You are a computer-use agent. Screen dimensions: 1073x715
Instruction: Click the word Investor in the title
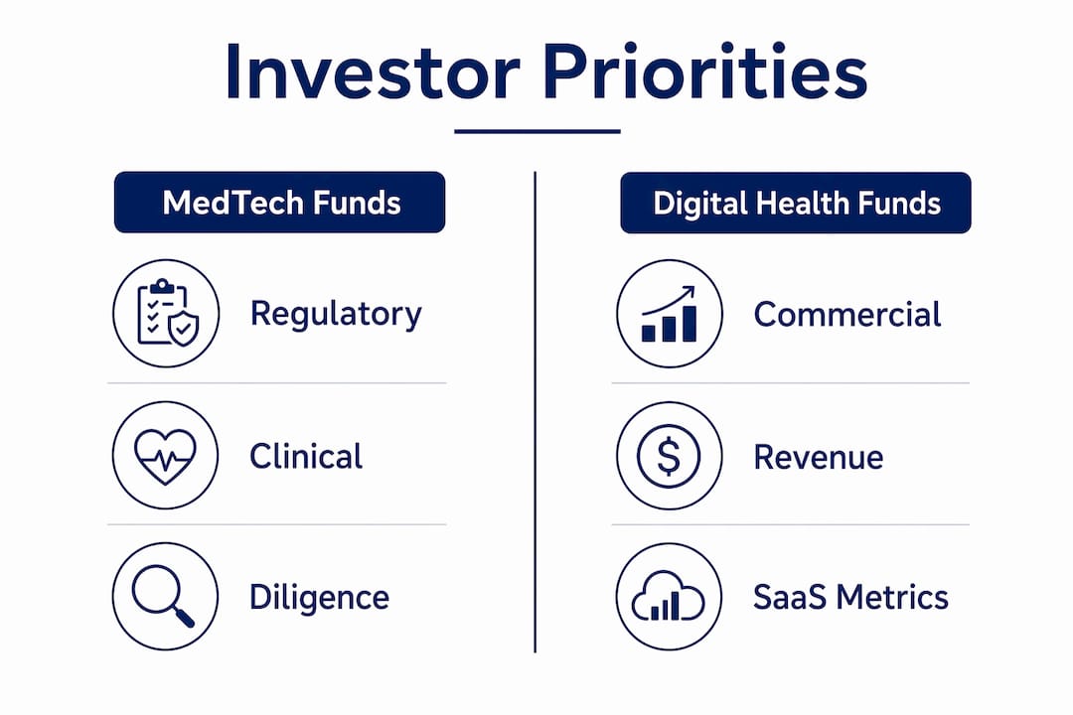coord(373,72)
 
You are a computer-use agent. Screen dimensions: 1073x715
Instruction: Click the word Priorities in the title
coord(705,72)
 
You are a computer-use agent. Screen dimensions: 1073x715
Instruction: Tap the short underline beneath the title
coord(537,131)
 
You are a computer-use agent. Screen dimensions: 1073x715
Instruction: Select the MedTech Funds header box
coord(279,203)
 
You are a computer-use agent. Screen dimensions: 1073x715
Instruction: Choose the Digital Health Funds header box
coord(795,204)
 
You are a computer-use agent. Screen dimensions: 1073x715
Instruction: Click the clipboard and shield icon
coord(167,314)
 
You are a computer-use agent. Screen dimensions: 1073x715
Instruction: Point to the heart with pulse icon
coord(166,456)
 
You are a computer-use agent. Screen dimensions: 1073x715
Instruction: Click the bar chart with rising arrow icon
coord(670,314)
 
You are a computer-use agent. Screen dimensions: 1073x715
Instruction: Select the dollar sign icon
coord(670,456)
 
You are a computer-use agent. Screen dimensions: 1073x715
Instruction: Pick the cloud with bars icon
coord(670,597)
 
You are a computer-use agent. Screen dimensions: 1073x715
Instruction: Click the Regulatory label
coord(336,315)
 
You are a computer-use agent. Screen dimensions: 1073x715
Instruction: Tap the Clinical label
coord(306,456)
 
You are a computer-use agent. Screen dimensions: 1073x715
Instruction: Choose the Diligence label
coord(320,598)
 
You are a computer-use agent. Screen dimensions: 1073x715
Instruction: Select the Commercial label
coord(847,315)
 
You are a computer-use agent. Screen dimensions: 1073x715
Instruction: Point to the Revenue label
coord(819,457)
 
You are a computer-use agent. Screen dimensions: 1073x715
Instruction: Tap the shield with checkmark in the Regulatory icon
coord(182,329)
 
